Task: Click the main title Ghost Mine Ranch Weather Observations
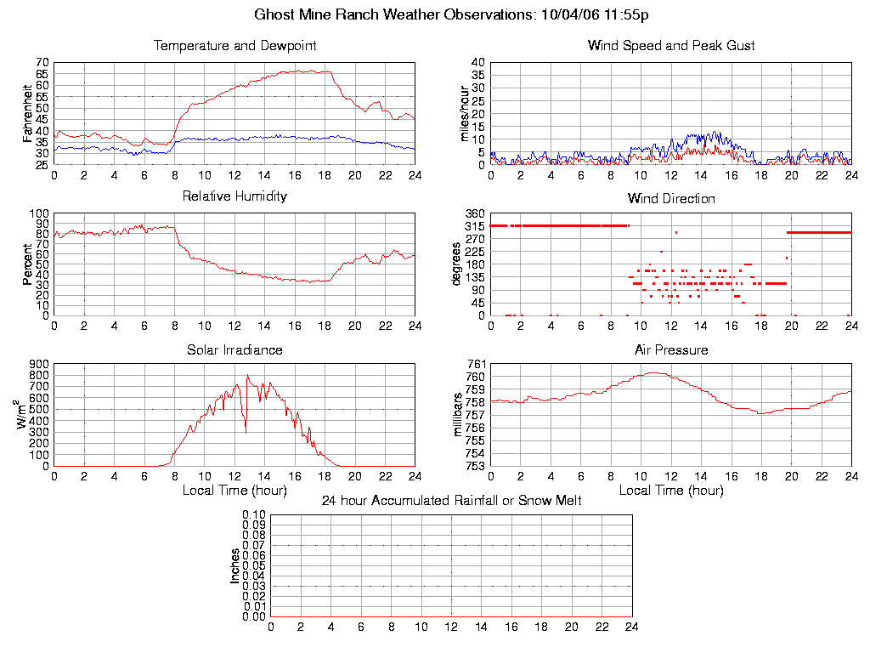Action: click(452, 15)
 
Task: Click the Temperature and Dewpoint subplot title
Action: click(234, 45)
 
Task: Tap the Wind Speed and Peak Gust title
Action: click(671, 45)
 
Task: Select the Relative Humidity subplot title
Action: click(234, 196)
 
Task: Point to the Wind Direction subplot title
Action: click(671, 198)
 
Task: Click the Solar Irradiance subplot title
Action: click(234, 349)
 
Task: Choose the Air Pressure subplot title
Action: click(671, 349)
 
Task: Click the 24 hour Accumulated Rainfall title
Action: click(452, 501)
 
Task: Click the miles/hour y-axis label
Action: click(465, 113)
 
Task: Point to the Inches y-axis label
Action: click(235, 565)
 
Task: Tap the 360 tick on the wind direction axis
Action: click(475, 213)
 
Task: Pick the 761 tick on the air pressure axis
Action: click(475, 365)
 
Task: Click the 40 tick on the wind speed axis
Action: click(477, 63)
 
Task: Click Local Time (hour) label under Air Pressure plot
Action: click(671, 491)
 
